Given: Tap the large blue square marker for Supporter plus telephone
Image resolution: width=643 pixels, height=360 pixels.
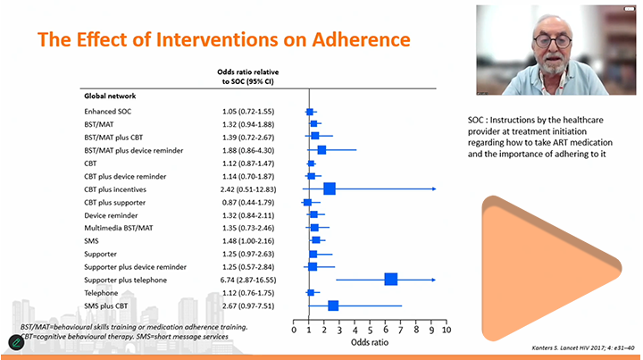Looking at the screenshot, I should coord(390,280).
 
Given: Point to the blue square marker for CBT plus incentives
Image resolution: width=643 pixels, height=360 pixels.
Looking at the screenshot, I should coord(330,188).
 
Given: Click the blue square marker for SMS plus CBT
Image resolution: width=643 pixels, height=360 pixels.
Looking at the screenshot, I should coord(333,306).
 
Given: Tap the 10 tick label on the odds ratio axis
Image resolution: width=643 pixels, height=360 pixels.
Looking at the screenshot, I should coord(446,331).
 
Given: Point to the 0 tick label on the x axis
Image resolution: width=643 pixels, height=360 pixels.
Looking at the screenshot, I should coord(294,331).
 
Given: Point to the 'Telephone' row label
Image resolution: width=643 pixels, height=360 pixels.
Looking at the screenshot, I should coord(102,292).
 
